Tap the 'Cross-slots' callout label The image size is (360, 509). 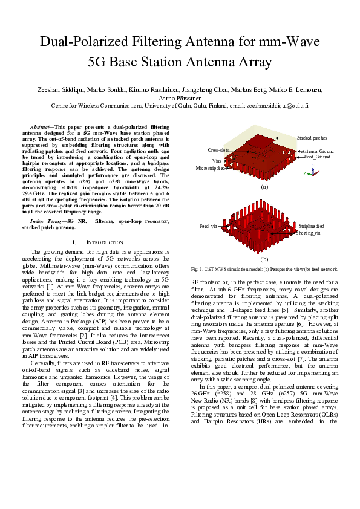tap(218, 150)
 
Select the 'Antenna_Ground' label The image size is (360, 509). tap(317, 151)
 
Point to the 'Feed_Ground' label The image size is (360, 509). tap(317, 157)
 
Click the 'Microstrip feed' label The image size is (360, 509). tap(211, 168)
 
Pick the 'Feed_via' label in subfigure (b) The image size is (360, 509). tap(208, 226)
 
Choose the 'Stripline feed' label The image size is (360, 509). tap(311, 226)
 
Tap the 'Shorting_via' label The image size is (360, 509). tap(309, 233)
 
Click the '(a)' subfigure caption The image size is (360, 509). tap(263, 188)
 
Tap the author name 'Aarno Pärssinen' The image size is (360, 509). tap(180, 97)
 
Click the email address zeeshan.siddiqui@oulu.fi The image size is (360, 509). tap(277, 105)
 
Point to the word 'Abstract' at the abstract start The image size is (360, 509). tap(41, 127)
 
